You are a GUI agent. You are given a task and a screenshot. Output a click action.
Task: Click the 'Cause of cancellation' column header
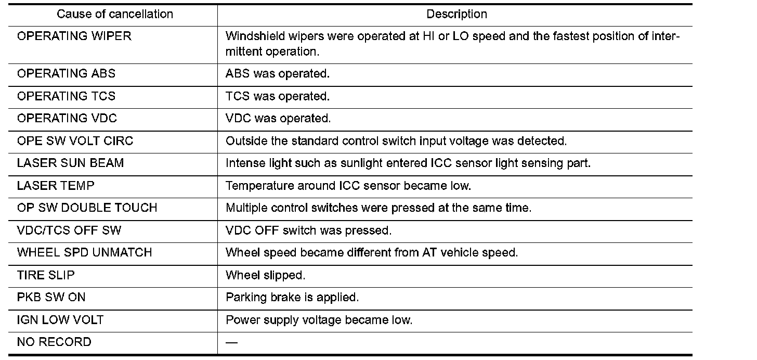click(115, 15)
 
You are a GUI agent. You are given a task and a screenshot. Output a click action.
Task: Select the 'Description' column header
click(456, 15)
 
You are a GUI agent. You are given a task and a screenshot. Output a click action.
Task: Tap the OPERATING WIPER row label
click(74, 36)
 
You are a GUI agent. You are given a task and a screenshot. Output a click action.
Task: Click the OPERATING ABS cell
click(67, 73)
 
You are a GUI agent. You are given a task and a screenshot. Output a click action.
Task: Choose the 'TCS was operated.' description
click(278, 96)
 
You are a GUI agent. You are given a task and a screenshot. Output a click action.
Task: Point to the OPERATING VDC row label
click(67, 118)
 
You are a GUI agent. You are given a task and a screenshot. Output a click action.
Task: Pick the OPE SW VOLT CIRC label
click(75, 141)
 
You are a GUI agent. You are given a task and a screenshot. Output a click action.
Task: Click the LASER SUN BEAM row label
click(71, 163)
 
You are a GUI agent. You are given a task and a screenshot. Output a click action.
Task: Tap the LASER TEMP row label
click(56, 185)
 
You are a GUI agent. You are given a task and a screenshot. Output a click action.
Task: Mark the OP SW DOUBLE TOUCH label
click(87, 208)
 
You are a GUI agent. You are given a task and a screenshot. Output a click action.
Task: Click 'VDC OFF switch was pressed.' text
click(309, 230)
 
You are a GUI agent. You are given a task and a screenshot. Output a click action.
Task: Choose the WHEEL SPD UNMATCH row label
click(85, 252)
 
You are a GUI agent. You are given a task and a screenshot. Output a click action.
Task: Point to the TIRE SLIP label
click(46, 275)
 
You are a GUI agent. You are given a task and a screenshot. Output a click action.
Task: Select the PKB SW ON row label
click(51, 298)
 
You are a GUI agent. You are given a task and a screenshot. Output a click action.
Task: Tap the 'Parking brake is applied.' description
click(293, 298)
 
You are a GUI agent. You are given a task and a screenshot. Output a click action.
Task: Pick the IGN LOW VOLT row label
click(60, 320)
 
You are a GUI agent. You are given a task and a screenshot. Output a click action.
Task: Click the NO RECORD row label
click(54, 342)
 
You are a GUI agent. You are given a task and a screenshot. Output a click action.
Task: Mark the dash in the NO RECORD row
click(232, 342)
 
